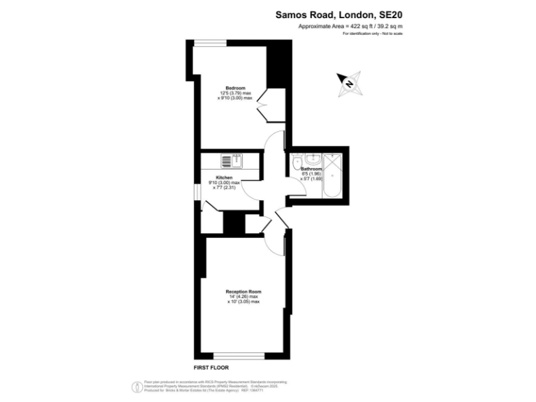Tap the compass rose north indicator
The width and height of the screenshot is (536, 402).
(x=348, y=82)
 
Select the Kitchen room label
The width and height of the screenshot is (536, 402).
(x=224, y=177)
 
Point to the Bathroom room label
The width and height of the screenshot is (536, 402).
(x=311, y=169)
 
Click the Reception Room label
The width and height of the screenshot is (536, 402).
(x=243, y=291)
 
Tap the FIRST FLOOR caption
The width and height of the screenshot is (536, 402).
(x=211, y=367)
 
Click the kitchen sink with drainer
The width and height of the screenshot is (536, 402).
(x=231, y=161)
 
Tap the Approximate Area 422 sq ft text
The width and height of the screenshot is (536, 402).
(x=350, y=27)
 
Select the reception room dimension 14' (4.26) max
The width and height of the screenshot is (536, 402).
(x=244, y=297)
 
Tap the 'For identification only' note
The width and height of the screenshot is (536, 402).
(x=373, y=33)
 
